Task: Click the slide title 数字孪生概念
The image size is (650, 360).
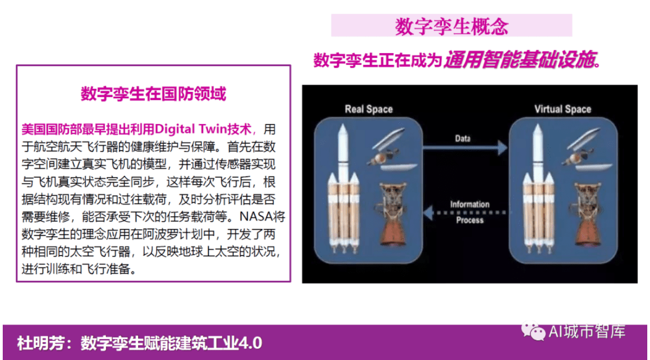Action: click(451, 26)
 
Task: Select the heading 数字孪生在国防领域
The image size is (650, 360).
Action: click(153, 94)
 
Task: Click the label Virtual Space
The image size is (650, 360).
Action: click(562, 109)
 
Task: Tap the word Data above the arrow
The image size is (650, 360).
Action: click(462, 138)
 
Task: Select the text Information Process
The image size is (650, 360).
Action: click(469, 212)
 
